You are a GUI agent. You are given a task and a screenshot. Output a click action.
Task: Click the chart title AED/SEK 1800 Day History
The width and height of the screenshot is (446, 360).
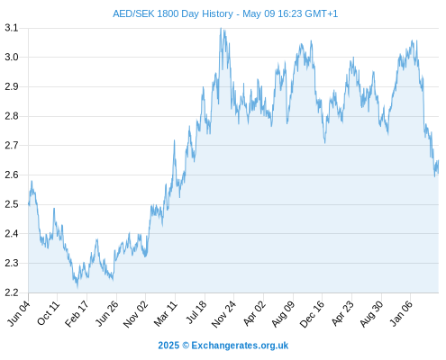(173, 13)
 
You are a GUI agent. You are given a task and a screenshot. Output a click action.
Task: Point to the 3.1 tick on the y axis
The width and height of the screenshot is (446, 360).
(12, 28)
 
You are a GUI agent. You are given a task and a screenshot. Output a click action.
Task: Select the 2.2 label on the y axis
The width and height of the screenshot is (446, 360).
(12, 292)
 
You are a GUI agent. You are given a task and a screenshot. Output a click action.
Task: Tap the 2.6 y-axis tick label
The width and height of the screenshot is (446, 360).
(12, 175)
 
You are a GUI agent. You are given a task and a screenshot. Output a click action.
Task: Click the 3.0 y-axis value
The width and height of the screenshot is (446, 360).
(12, 57)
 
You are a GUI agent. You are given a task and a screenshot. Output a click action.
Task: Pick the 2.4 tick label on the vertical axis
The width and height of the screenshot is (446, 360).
(12, 234)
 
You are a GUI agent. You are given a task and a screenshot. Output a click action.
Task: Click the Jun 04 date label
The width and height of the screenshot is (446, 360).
(19, 314)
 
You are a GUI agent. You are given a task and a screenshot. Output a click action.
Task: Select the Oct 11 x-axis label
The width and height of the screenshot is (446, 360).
(49, 314)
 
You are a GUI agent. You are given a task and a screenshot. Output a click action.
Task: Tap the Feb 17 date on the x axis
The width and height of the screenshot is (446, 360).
(77, 314)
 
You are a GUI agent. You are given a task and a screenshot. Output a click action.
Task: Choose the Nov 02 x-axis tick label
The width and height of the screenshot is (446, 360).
(136, 314)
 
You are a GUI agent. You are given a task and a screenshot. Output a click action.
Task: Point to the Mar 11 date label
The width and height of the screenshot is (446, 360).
(166, 314)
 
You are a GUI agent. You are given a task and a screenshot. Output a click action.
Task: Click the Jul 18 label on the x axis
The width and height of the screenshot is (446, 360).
(196, 313)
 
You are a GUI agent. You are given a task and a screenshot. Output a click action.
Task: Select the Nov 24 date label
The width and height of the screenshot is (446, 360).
(223, 314)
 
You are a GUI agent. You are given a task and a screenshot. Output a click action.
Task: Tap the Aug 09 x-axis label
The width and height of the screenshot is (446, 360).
(283, 314)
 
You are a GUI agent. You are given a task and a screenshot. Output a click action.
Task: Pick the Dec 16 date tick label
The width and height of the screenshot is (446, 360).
(312, 314)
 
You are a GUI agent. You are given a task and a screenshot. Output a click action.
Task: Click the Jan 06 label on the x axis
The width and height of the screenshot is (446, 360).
(401, 313)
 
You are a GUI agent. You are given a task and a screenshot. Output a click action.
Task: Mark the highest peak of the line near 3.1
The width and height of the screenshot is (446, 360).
(221, 28)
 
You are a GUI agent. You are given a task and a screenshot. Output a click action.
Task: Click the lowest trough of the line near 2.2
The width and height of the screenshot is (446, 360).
(77, 287)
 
